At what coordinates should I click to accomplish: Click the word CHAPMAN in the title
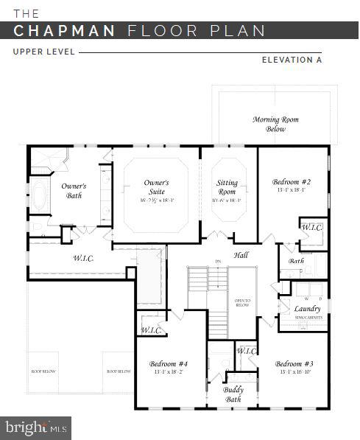coord(66,31)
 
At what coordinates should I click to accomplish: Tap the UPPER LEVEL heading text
coord(42,52)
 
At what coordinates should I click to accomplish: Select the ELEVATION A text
coord(292,60)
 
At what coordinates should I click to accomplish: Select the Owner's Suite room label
coord(156,186)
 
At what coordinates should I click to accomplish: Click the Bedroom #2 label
coord(292,181)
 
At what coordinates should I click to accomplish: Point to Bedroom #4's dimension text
coord(169,373)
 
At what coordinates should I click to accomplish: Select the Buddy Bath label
coord(233,395)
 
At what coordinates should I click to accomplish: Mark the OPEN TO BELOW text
coord(241,304)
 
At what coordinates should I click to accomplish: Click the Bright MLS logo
coord(37,426)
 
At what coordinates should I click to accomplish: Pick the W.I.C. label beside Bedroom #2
coord(311,227)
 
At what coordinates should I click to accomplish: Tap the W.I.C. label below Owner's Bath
coord(82,258)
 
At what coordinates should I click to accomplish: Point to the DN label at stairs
coord(218,262)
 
